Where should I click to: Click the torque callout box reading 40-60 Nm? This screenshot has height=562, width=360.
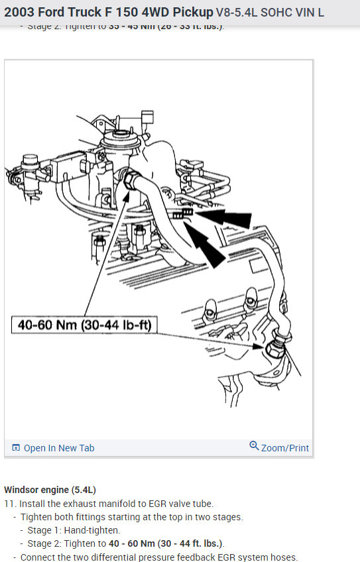coord(84,325)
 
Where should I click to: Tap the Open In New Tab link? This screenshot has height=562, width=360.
coord(58,448)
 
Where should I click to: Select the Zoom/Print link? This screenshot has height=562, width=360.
coord(284,448)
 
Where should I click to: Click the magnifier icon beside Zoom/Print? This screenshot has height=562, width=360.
coord(254,446)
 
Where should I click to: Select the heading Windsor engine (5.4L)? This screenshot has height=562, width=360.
coord(50,490)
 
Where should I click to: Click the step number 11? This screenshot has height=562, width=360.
coord(9,504)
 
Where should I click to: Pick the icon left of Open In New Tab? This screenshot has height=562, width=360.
coord(16,448)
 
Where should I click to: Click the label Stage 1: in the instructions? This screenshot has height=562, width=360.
coord(45,530)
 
